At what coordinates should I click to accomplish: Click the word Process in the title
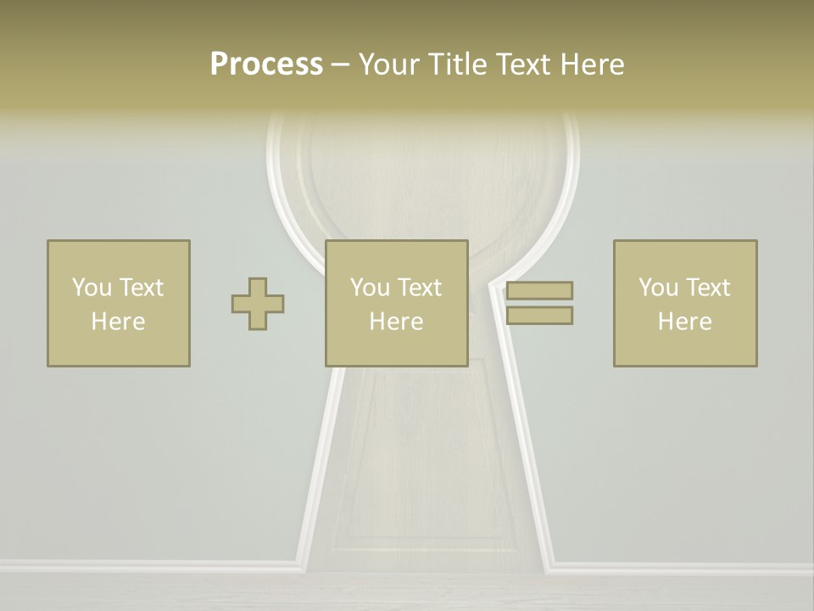(x=266, y=64)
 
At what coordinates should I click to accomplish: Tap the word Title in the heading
(x=460, y=64)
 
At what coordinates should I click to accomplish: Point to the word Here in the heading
(x=594, y=64)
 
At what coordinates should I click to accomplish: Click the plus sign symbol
(x=258, y=304)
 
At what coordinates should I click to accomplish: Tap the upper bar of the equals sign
(x=539, y=290)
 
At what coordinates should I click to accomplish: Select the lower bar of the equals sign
(x=539, y=315)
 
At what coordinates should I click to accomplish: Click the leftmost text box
(x=119, y=303)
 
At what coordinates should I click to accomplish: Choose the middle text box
(x=397, y=303)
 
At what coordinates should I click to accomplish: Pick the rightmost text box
(x=685, y=303)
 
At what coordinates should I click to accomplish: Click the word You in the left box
(x=92, y=288)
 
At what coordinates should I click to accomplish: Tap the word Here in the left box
(x=119, y=322)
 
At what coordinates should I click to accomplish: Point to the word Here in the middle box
(x=397, y=322)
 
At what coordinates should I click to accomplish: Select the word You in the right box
(x=658, y=288)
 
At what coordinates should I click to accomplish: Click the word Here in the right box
(x=685, y=322)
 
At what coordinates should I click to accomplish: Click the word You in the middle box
(x=370, y=288)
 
